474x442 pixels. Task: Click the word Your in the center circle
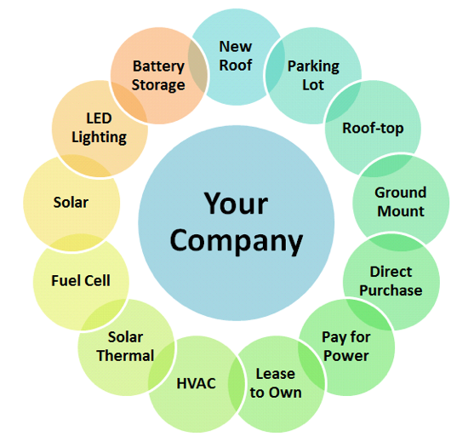tap(236, 204)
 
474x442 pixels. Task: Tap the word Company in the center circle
tap(236, 241)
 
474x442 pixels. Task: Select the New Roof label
tap(236, 56)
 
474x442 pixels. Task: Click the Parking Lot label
tap(313, 75)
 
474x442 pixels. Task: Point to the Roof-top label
tap(373, 129)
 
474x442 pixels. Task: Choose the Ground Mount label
tap(401, 202)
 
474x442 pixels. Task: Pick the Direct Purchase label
tap(391, 281)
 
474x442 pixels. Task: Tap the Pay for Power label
tap(346, 347)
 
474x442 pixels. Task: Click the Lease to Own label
tap(276, 383)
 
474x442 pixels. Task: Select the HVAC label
tap(197, 383)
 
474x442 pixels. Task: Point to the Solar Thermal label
tap(125, 347)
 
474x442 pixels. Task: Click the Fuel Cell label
tap(81, 281)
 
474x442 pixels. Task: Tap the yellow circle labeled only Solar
tap(71, 203)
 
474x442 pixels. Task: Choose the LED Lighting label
tap(100, 128)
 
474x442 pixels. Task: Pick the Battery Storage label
tap(158, 76)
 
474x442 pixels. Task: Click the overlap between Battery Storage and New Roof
tap(198, 66)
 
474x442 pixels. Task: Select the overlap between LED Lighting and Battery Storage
tap(129, 101)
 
